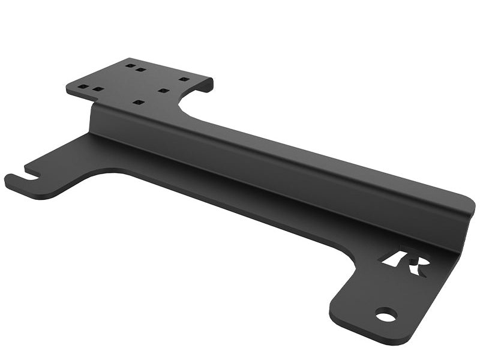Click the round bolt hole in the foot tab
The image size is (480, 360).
(x=386, y=314)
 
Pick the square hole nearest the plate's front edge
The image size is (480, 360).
(x=139, y=103)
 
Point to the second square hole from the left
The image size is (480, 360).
(x=97, y=89)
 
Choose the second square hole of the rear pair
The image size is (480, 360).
(x=141, y=70)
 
